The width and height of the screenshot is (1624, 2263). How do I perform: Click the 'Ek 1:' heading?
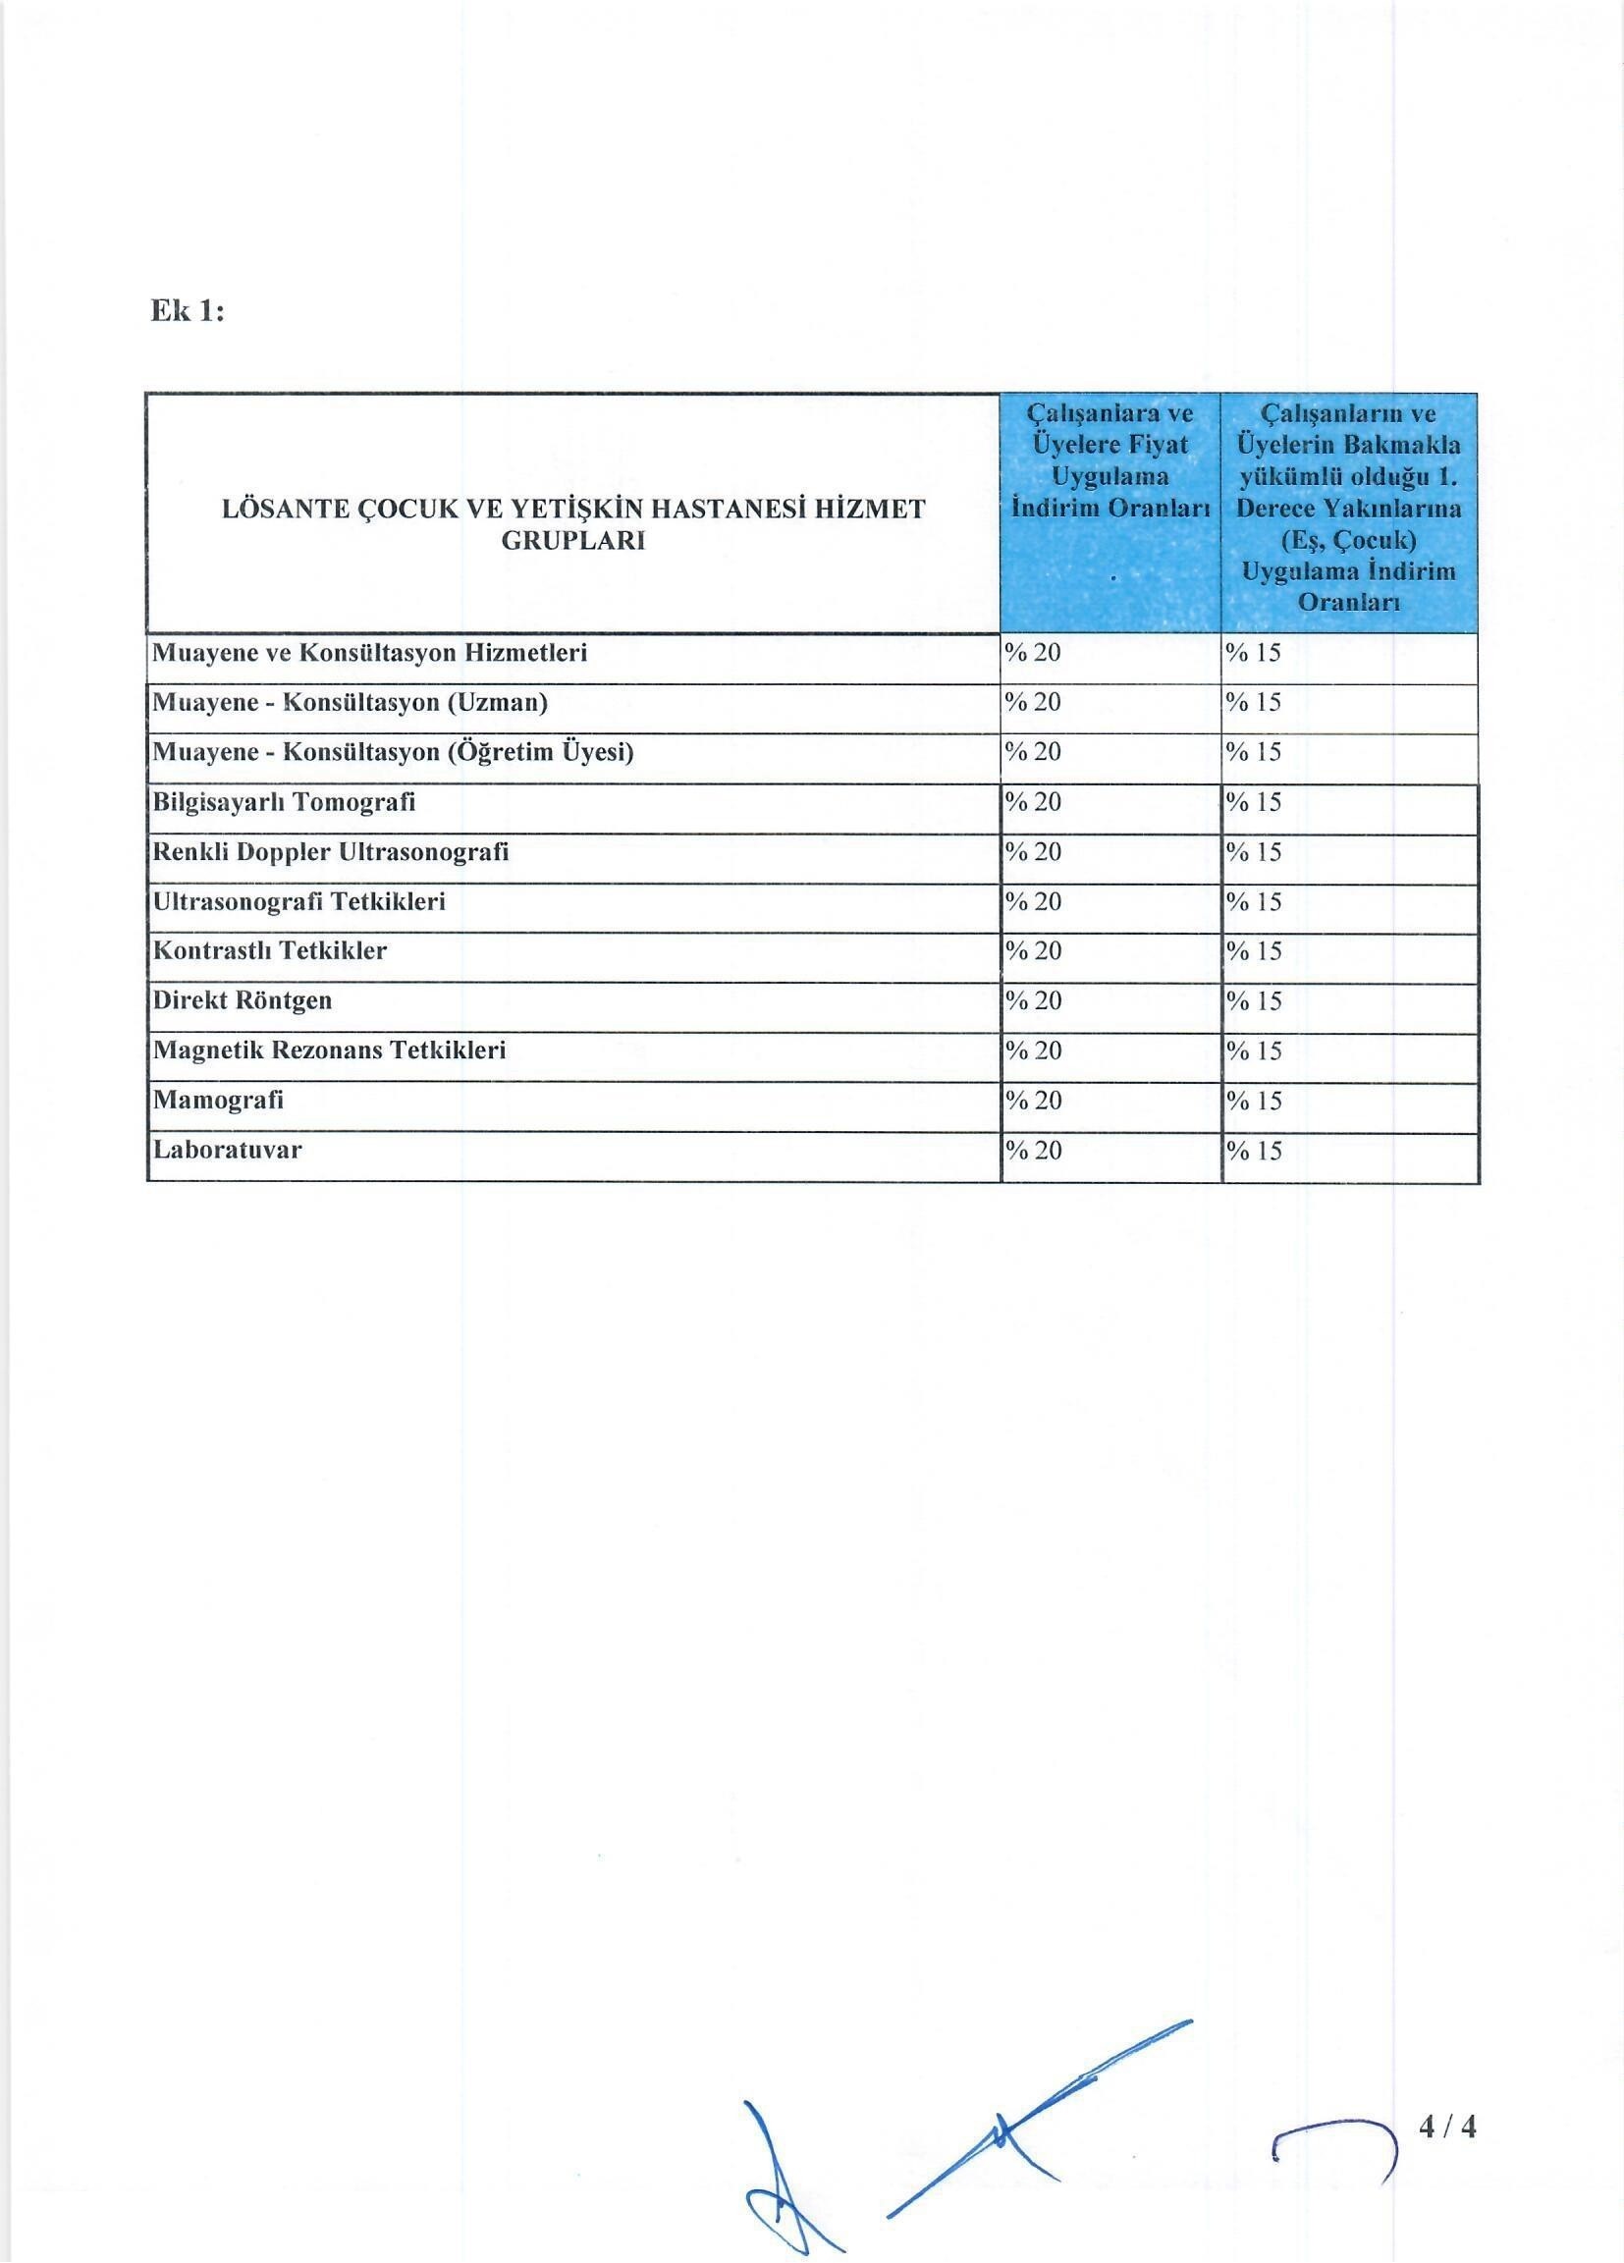(x=187, y=311)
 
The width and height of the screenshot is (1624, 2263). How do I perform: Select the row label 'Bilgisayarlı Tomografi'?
(x=284, y=802)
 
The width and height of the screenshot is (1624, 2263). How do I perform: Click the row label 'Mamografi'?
(x=218, y=1100)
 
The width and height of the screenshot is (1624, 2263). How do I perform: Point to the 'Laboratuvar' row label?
(x=227, y=1150)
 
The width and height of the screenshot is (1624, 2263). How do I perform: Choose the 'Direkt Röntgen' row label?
(x=242, y=999)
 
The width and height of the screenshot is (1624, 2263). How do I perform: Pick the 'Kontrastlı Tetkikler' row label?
(x=268, y=950)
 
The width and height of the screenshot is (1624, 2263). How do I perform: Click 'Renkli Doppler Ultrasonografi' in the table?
(x=329, y=852)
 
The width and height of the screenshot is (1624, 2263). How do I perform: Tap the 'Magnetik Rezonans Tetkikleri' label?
(x=328, y=1050)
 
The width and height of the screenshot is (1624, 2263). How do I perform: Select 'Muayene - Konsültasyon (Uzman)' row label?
(x=350, y=702)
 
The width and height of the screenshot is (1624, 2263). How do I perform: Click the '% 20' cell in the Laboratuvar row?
(x=1033, y=1151)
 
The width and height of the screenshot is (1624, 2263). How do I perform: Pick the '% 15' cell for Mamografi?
(x=1254, y=1101)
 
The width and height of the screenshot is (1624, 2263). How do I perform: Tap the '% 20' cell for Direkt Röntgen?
(x=1033, y=1000)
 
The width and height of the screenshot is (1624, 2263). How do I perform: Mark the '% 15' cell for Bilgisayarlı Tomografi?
(x=1254, y=802)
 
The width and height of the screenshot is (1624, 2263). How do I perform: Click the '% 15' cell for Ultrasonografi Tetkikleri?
(x=1254, y=902)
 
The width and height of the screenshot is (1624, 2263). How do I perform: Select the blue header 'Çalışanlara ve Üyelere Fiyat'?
(x=1110, y=459)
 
